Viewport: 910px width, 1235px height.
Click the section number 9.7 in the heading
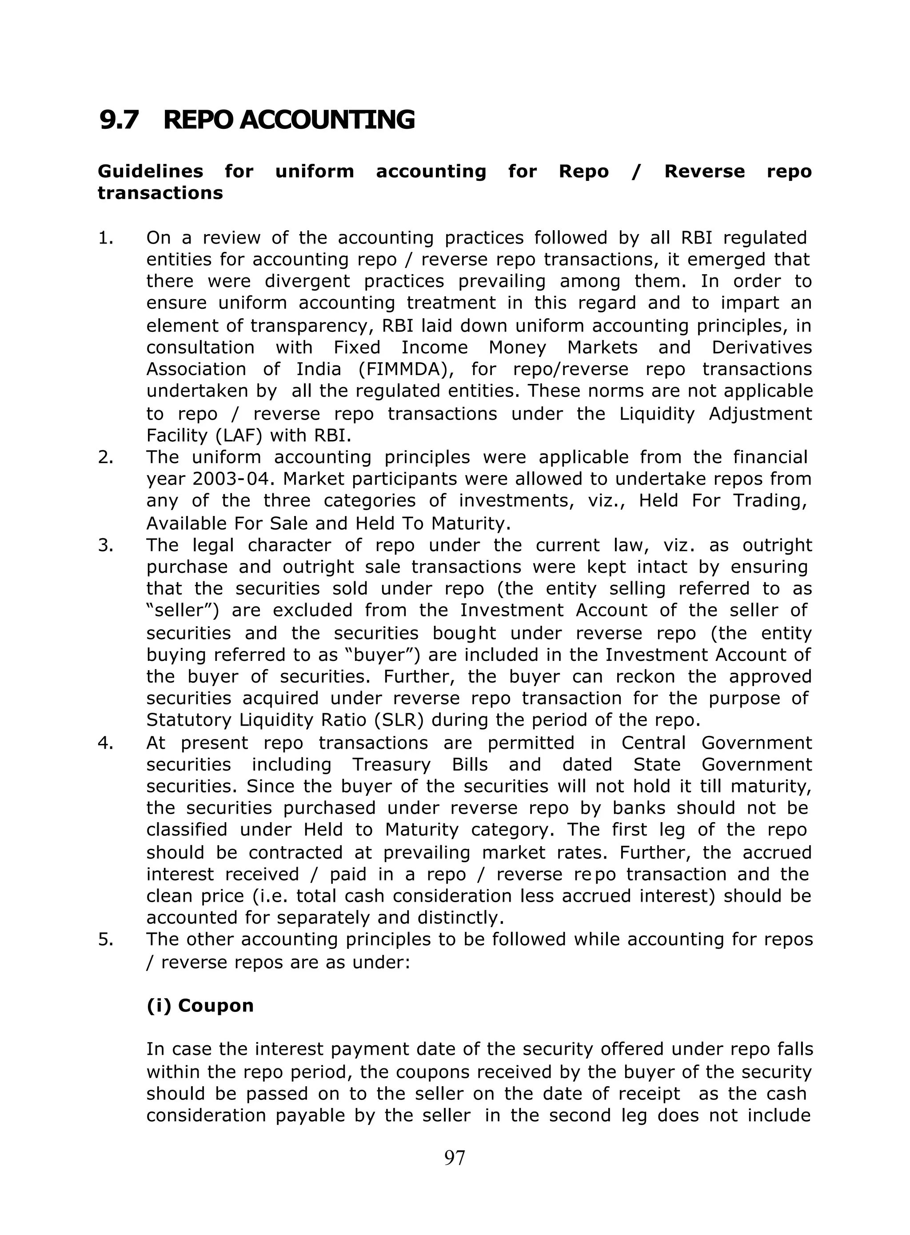tap(119, 120)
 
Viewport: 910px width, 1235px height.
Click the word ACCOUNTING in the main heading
tap(327, 120)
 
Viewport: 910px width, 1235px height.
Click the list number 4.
tap(105, 743)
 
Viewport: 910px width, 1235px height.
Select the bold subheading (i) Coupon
tap(200, 1005)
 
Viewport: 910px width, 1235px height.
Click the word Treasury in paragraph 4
tap(391, 764)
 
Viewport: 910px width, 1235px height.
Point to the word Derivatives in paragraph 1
tap(761, 348)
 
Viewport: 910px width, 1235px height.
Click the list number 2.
tap(105, 457)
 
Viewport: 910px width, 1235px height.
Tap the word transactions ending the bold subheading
tap(160, 193)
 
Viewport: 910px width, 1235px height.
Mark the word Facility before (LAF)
tap(174, 436)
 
